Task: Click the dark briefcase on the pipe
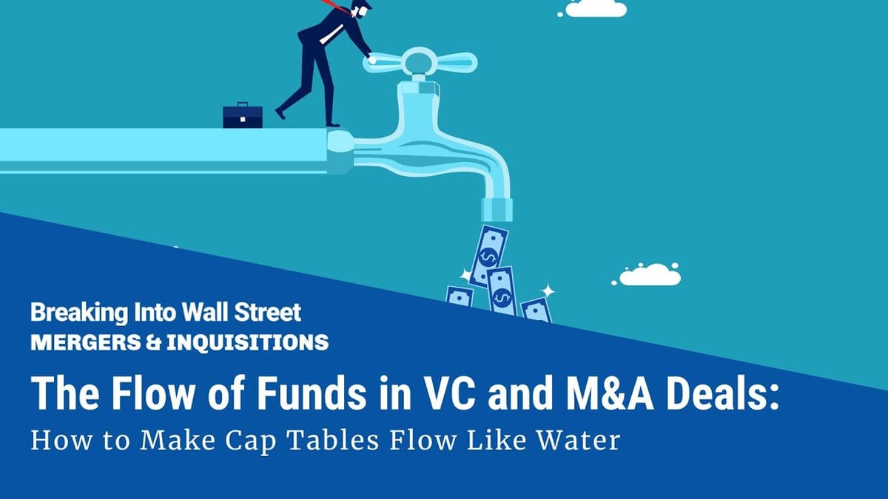point(243,115)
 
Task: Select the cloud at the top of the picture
point(596,7)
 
